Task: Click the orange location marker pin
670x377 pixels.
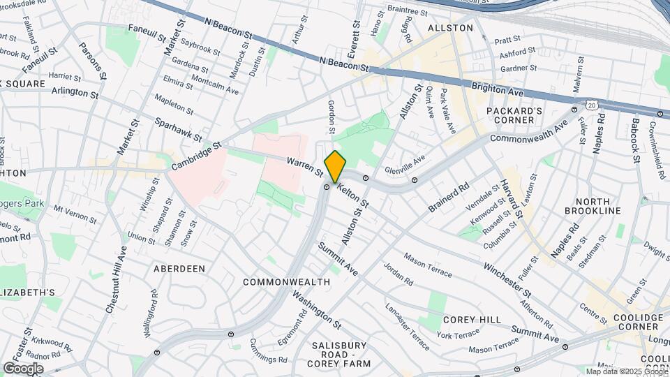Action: pyautogui.click(x=335, y=166)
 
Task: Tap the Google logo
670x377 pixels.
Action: pyautogui.click(x=23, y=368)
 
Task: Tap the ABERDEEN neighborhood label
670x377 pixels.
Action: pyautogui.click(x=179, y=268)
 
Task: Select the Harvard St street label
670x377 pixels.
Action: pyautogui.click(x=510, y=198)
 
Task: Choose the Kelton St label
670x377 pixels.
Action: pyautogui.click(x=352, y=194)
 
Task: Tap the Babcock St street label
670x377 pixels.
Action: pyautogui.click(x=635, y=140)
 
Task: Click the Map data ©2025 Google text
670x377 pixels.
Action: pyautogui.click(x=626, y=371)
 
